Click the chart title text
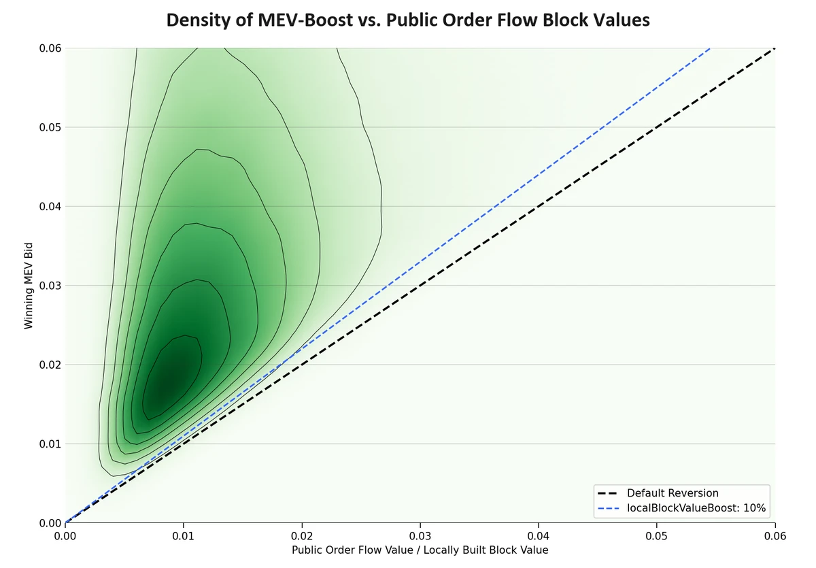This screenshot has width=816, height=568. pyautogui.click(x=408, y=20)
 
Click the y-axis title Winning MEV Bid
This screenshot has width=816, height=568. pyautogui.click(x=29, y=286)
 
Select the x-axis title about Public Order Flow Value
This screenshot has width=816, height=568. pyautogui.click(x=420, y=550)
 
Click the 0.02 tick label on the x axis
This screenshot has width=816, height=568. pyautogui.click(x=302, y=536)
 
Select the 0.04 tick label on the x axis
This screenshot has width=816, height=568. pyautogui.click(x=539, y=536)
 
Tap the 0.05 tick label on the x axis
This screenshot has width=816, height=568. pyautogui.click(x=657, y=536)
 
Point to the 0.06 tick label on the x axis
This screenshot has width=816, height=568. pyautogui.click(x=775, y=536)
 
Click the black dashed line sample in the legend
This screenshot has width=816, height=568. pyautogui.click(x=609, y=493)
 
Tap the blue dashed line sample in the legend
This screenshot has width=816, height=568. pyautogui.click(x=609, y=507)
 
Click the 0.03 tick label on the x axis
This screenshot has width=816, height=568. pyautogui.click(x=420, y=536)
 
